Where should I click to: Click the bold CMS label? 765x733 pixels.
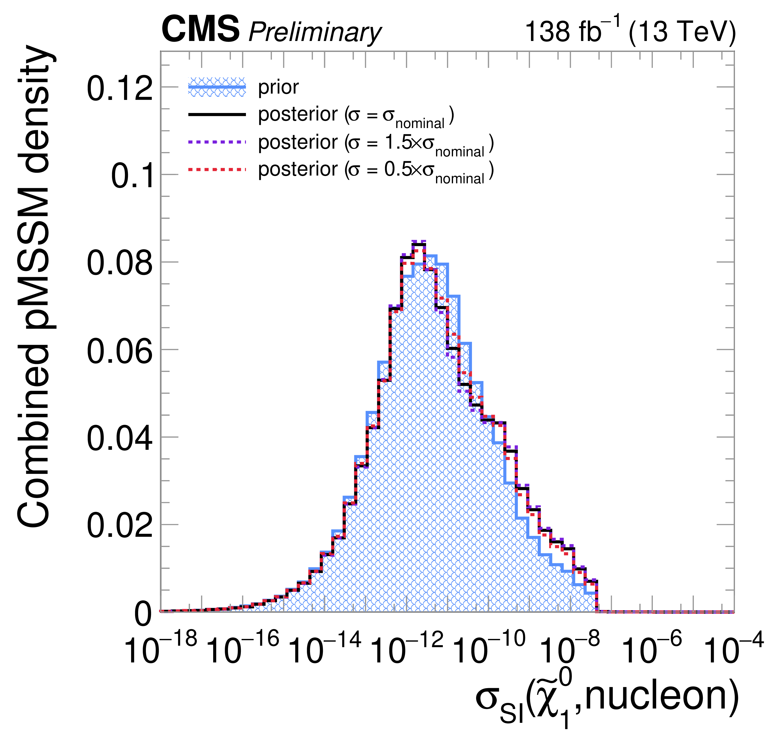point(200,30)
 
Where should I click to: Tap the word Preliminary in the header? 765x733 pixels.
point(315,32)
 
